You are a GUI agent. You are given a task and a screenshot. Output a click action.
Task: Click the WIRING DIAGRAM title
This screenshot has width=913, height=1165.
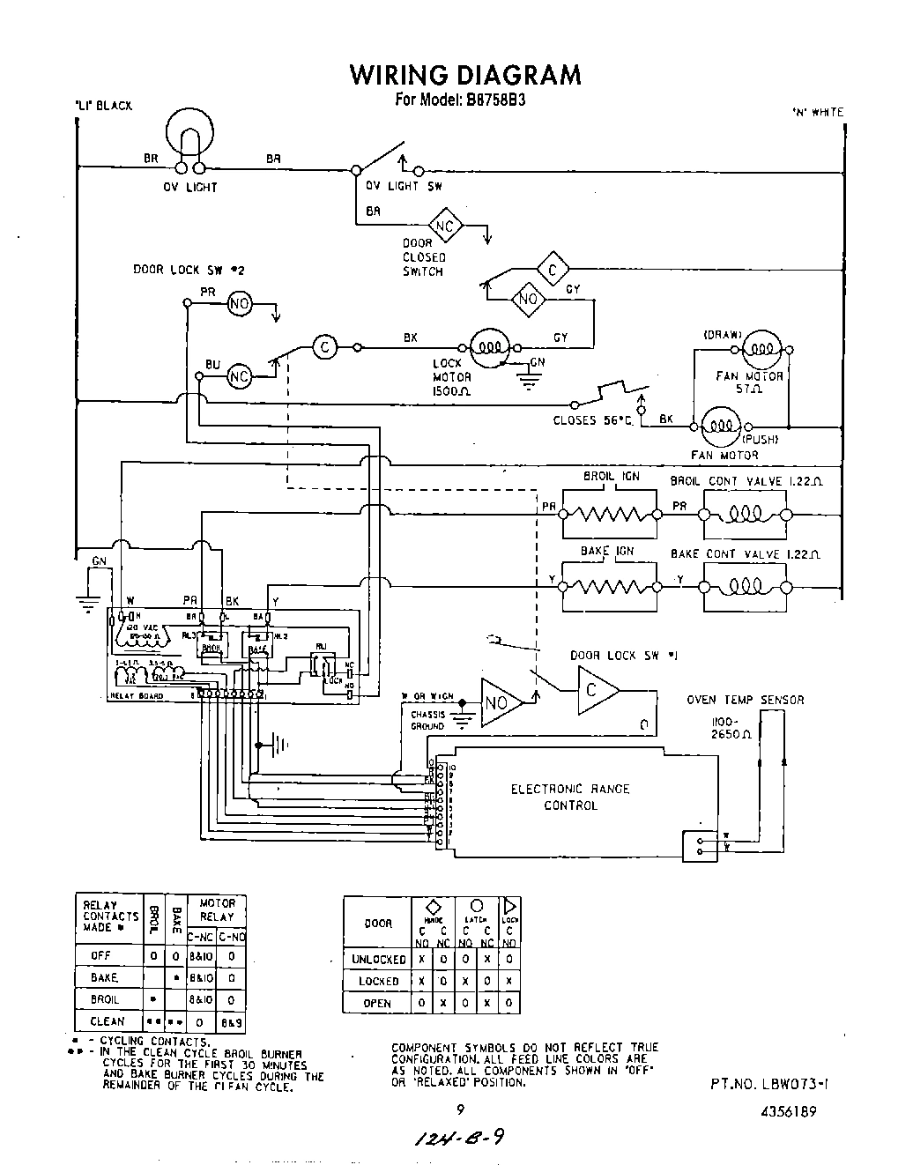(x=465, y=75)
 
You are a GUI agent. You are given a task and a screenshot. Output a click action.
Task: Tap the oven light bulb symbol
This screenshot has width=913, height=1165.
(x=190, y=132)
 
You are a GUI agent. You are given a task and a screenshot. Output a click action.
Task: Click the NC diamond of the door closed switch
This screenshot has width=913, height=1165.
(x=446, y=226)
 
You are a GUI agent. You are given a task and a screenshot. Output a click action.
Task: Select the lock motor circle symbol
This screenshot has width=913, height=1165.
(x=486, y=347)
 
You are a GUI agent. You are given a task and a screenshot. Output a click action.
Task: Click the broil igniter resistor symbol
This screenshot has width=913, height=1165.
(x=609, y=514)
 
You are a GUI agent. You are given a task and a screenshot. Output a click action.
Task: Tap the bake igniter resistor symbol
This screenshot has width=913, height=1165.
(x=609, y=585)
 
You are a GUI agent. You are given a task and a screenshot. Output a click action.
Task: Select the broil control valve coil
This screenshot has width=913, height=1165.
(x=744, y=514)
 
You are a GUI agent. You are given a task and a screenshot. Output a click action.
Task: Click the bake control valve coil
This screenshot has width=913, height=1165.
(x=744, y=585)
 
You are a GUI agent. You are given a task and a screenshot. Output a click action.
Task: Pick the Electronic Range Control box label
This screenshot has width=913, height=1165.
(x=570, y=797)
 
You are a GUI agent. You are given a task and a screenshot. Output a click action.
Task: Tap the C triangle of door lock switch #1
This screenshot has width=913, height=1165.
(x=596, y=690)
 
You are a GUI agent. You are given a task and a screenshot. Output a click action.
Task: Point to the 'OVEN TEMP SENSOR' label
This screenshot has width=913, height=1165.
(x=745, y=700)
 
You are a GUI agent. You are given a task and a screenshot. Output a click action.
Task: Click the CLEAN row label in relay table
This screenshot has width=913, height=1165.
(x=107, y=1021)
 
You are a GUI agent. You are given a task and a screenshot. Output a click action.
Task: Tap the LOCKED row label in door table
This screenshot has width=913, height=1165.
(x=378, y=981)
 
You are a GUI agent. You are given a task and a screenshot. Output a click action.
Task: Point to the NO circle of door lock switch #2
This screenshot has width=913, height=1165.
(x=239, y=304)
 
